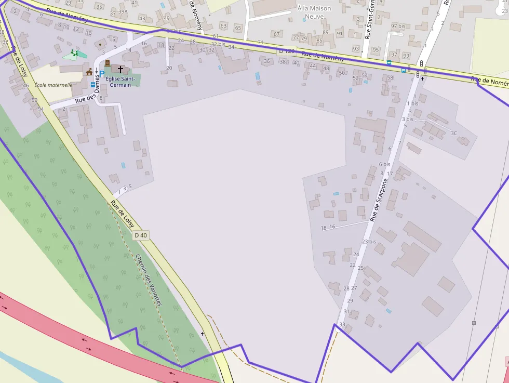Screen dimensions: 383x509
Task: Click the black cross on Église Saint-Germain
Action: [x=120, y=69]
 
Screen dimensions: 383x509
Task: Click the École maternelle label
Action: [x=53, y=85]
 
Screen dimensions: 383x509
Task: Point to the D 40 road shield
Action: [x=141, y=235]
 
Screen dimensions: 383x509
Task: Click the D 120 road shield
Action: [x=286, y=51]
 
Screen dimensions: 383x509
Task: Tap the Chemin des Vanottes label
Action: [x=149, y=279]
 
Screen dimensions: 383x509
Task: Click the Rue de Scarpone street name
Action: [x=379, y=200]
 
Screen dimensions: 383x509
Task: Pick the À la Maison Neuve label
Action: [x=314, y=12]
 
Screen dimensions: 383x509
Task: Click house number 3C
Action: [x=454, y=133]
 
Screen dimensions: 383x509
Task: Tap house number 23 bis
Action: [x=369, y=242]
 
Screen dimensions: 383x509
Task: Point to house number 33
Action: [x=342, y=325]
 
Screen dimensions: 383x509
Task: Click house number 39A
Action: [x=123, y=11]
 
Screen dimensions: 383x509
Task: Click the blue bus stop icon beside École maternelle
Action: [x=93, y=84]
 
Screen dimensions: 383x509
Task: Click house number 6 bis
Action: [x=384, y=164]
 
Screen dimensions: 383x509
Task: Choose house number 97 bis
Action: [x=398, y=26]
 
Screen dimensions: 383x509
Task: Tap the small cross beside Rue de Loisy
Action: [x=202, y=334]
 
